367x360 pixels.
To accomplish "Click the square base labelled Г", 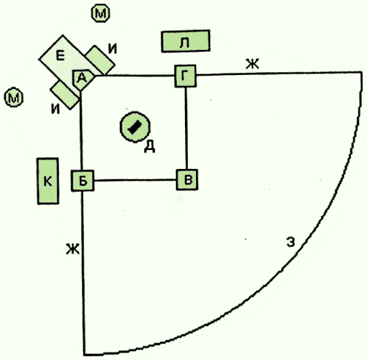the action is tap(186, 76).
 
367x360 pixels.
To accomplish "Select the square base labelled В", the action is tap(187, 179).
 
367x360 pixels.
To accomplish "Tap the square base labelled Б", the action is tap(83, 181).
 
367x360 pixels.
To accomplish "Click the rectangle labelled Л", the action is tap(186, 41).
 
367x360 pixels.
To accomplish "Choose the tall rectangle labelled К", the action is tap(48, 181).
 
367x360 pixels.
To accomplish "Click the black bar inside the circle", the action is tap(134, 127).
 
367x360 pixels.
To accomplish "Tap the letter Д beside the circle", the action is tap(150, 147).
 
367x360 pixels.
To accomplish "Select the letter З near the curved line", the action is tap(291, 242).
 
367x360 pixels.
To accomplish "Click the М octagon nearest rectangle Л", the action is tap(101, 13).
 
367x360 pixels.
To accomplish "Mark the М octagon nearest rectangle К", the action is tap(14, 97).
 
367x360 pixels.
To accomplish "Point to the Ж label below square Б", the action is tap(73, 249).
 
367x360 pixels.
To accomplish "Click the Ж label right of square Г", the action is tap(252, 65).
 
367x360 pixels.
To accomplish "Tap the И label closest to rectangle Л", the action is tap(112, 48).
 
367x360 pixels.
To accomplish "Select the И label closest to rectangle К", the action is tap(56, 109).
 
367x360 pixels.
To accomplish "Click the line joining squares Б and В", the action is tap(135, 180).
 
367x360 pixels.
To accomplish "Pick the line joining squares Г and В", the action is tap(186, 128).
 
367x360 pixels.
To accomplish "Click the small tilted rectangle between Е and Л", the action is tap(101, 60).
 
